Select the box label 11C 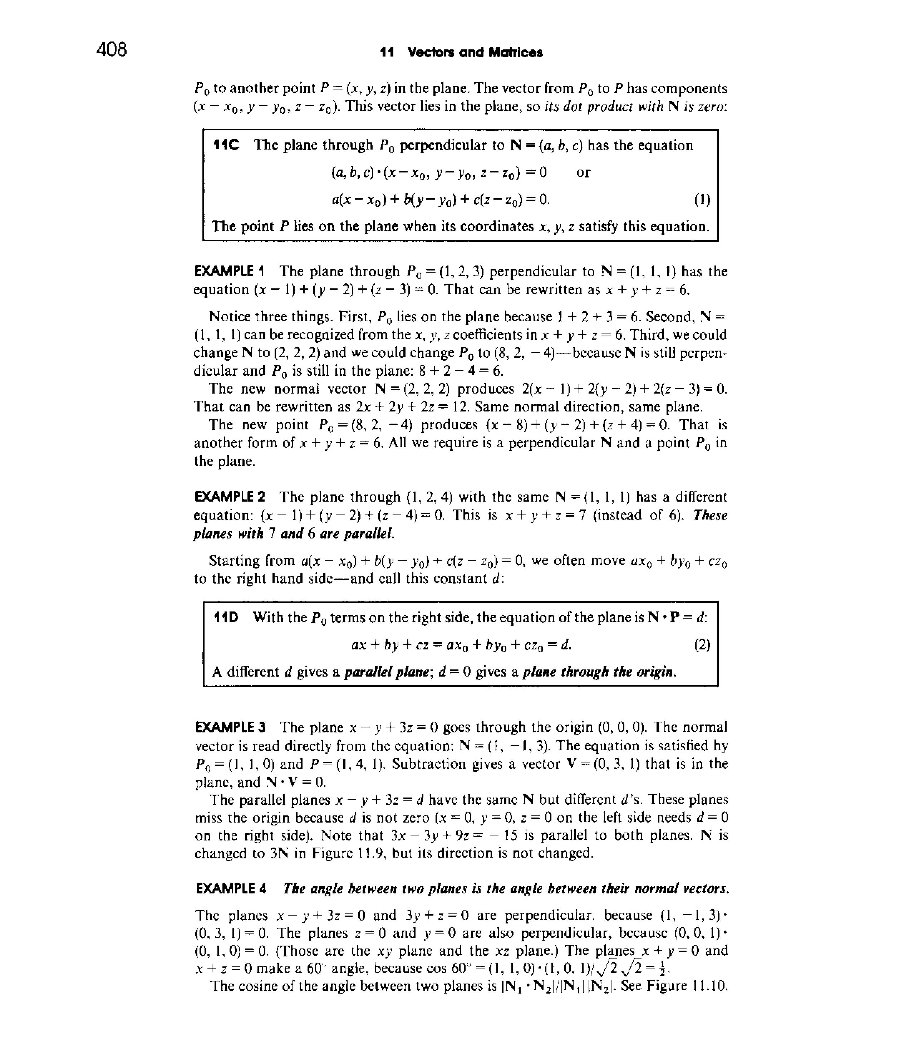[226, 146]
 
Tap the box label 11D [226, 617]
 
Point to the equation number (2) [702, 644]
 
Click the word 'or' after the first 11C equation [583, 172]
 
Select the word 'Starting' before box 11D [234, 561]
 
